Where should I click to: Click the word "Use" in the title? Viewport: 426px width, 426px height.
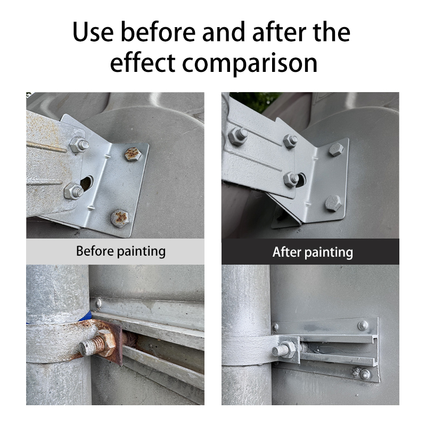click(93, 32)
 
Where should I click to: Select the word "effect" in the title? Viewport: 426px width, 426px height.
click(143, 62)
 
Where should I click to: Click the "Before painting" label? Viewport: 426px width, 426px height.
click(121, 251)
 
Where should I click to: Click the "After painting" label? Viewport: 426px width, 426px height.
click(313, 252)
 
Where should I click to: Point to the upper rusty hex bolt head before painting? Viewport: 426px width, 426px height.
click(133, 154)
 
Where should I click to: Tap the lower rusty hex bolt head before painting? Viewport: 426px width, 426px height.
click(120, 218)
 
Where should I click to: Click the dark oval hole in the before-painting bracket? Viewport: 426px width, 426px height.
click(87, 183)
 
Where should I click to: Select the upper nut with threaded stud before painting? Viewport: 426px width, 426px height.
click(79, 145)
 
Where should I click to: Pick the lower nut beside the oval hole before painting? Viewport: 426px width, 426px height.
click(73, 191)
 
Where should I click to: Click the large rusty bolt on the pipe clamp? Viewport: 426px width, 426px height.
click(99, 345)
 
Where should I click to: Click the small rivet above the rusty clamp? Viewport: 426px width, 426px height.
click(99, 302)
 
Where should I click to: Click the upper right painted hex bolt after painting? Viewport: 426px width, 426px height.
click(337, 150)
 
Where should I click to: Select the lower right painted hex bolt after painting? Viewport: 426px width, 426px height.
click(333, 203)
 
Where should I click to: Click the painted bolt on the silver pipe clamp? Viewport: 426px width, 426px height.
click(284, 350)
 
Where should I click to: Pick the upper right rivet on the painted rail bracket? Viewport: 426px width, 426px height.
click(363, 325)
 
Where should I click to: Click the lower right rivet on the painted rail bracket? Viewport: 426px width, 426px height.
click(365, 374)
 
